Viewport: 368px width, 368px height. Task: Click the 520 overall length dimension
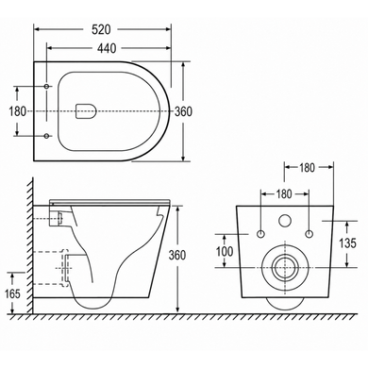pos(101,29)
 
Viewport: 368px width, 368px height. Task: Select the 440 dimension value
pos(107,48)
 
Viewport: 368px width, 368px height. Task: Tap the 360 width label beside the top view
pos(183,111)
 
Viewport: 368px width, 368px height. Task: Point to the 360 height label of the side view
pos(177,256)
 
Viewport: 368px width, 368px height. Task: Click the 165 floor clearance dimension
pos(12,293)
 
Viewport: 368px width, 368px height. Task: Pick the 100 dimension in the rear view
pos(225,251)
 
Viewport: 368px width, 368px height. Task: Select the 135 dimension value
pos(347,243)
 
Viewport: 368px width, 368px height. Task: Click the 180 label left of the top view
pos(17,111)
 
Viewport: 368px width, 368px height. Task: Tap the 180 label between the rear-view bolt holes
pos(284,194)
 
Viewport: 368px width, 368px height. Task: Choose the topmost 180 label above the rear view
pos(307,168)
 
